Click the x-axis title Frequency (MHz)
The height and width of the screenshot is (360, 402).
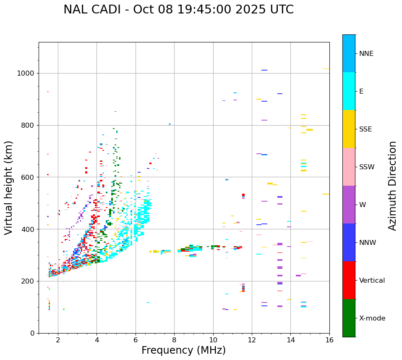pyautogui.click(x=183, y=350)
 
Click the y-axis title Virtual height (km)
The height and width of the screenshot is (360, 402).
pyautogui.click(x=9, y=187)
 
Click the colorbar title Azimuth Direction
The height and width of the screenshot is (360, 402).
pyautogui.click(x=392, y=185)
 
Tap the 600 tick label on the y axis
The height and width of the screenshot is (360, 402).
pyautogui.click(x=27, y=177)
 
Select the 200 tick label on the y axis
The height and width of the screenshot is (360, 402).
pyautogui.click(x=27, y=281)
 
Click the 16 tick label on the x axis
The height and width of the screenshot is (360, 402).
pyautogui.click(x=329, y=340)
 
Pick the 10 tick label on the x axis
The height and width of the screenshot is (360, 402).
pyautogui.click(x=213, y=340)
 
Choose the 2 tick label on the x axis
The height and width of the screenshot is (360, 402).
pyautogui.click(x=58, y=340)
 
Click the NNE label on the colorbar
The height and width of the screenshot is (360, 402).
pyautogui.click(x=366, y=54)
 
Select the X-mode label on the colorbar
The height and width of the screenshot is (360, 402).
pyautogui.click(x=372, y=318)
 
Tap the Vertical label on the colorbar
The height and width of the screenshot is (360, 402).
pyautogui.click(x=372, y=281)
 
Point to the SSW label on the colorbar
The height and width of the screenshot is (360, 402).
pyautogui.click(x=367, y=167)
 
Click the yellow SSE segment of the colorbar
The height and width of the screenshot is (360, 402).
pyautogui.click(x=349, y=129)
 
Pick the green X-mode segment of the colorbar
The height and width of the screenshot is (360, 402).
pyautogui.click(x=349, y=318)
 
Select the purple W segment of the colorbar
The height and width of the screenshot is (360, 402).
pyautogui.click(x=349, y=205)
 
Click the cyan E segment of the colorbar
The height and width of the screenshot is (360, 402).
pyautogui.click(x=349, y=91)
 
